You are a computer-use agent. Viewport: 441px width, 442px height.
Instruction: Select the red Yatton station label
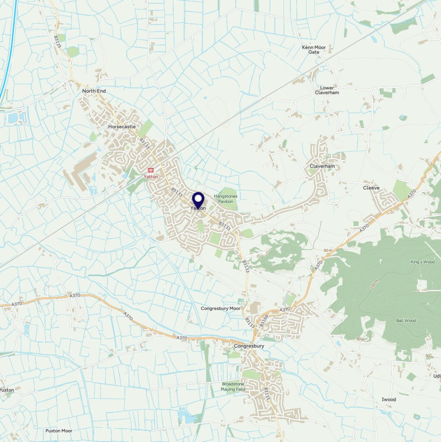[x=151, y=177]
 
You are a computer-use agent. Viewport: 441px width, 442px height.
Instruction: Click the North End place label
[x=94, y=91]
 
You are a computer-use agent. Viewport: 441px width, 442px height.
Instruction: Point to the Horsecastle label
[x=122, y=126]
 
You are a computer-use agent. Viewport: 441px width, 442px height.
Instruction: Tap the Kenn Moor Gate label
[x=314, y=49]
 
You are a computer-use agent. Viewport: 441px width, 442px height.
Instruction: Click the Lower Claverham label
[x=327, y=90]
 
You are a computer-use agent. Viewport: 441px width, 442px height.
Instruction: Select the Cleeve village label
[x=371, y=188]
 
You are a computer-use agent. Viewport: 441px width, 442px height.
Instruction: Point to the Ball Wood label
[x=406, y=321]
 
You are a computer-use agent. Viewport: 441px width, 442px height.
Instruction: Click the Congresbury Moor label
[x=220, y=309]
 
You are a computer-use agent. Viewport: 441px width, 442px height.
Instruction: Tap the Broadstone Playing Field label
[x=233, y=386]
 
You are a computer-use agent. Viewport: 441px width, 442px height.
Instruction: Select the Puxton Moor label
[x=59, y=431]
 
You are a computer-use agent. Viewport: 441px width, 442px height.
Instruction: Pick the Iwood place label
[x=389, y=400]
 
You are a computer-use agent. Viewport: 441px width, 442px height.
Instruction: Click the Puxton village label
[x=7, y=390]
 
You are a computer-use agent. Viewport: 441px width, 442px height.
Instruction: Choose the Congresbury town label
[x=249, y=346]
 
